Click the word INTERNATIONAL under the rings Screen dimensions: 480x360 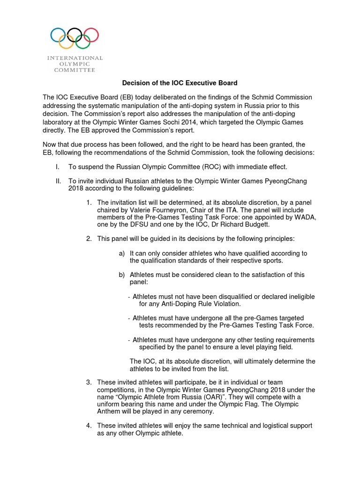pos(75,58)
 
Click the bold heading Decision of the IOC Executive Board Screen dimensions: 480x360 pos(180,83)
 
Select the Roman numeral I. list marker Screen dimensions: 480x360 pos(58,167)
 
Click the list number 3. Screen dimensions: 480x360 pos(89,382)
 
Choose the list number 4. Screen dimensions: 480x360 pos(89,426)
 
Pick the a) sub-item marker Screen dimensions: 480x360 pos(122,253)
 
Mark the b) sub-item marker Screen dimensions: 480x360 pos(122,275)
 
